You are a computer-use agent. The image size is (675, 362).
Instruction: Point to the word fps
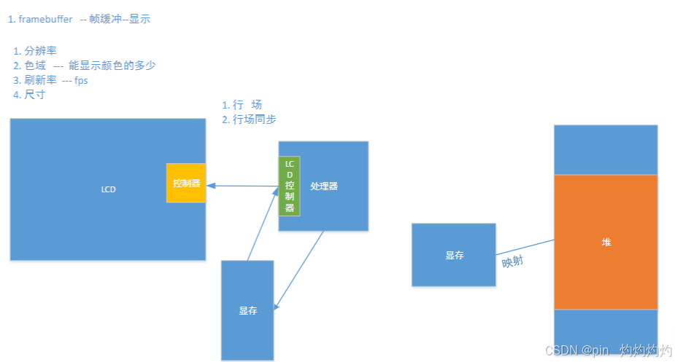(81, 80)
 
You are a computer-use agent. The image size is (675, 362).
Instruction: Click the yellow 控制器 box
(186, 183)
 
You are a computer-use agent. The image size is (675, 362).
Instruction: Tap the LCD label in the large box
(108, 189)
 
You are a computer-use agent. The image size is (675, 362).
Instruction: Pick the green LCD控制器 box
(289, 186)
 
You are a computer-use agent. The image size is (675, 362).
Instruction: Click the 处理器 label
(324, 186)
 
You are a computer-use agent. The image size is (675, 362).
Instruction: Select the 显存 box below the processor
(247, 310)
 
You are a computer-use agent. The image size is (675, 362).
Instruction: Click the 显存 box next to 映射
(454, 255)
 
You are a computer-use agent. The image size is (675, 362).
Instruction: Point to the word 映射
(512, 262)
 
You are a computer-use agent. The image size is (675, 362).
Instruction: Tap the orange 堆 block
(606, 242)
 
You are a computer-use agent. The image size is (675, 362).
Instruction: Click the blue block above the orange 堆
(606, 149)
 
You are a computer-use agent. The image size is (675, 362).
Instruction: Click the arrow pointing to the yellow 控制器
(241, 186)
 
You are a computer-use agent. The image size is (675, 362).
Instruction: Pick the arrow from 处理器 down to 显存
(300, 269)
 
